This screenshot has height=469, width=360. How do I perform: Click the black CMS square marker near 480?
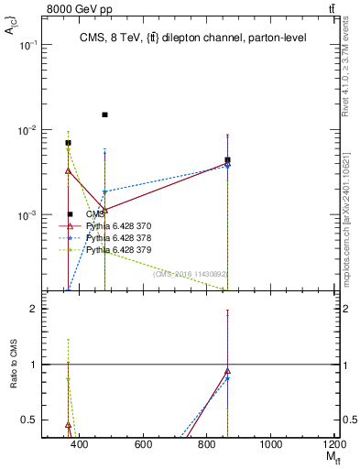pos(105,115)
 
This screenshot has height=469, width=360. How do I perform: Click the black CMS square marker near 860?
pos(227,160)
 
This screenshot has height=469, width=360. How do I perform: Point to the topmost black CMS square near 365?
pos(68,143)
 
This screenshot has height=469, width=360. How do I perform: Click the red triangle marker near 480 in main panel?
pos(105,210)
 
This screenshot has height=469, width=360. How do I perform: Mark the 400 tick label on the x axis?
pos(79,444)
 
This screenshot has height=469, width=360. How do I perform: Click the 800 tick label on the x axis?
pos(207,444)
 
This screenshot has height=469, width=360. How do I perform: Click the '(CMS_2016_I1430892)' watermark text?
pos(190,273)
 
